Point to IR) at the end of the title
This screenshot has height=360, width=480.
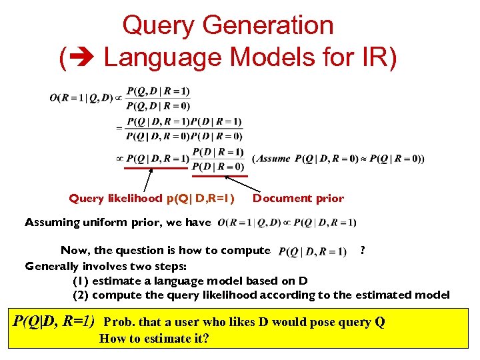point(377,57)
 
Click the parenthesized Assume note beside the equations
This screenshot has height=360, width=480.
point(338,159)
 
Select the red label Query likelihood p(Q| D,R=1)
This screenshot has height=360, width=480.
point(152,198)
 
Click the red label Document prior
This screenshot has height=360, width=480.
point(298,198)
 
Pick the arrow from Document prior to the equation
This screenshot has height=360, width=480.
point(239,182)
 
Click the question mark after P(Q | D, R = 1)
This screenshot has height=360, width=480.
point(362,250)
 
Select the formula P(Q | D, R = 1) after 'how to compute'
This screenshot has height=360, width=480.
point(312,251)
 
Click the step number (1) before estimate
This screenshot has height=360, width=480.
point(81,281)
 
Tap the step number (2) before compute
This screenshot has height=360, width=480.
point(81,295)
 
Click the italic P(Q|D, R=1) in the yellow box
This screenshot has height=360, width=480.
point(54,321)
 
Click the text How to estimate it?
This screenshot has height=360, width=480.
point(154,338)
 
